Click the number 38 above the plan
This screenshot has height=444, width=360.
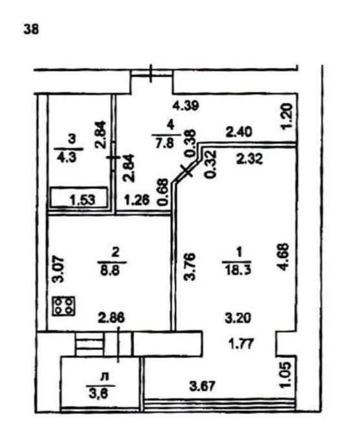(31, 29)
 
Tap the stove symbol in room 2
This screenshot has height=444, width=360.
(63, 306)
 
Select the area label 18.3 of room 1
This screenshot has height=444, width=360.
(237, 269)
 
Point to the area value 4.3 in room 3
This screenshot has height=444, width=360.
(67, 157)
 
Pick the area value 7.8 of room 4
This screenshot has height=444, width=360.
(166, 143)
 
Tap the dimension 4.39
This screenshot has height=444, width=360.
(186, 106)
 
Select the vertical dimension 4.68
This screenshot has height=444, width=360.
(284, 257)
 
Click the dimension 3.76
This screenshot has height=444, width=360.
(190, 266)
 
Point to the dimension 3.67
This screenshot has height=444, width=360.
(203, 386)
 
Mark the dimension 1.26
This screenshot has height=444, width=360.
(137, 200)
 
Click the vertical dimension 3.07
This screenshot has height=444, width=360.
(58, 269)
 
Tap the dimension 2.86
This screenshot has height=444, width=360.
(111, 318)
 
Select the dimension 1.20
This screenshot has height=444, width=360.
(286, 117)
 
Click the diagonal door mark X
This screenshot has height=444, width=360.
(187, 170)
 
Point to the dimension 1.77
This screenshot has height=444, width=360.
(240, 345)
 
